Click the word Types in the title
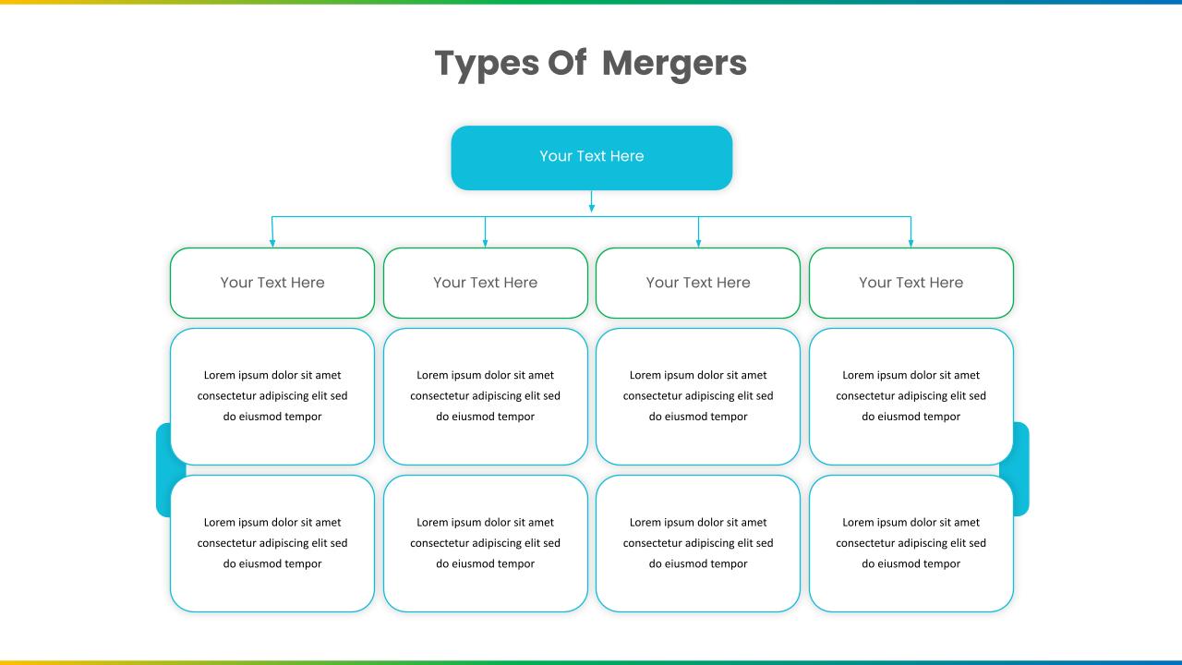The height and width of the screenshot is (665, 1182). click(487, 65)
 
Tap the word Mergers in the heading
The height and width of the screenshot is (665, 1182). click(674, 65)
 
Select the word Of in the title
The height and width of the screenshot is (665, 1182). click(567, 62)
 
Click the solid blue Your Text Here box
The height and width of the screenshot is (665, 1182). click(592, 158)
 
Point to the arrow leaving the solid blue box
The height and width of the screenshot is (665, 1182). click(592, 201)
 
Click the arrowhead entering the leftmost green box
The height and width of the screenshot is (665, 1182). click(272, 243)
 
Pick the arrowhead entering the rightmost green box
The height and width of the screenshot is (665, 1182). click(911, 243)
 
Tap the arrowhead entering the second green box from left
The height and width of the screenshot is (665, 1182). click(485, 243)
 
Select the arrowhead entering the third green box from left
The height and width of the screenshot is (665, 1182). click(698, 243)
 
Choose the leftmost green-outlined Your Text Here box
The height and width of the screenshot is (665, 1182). click(272, 283)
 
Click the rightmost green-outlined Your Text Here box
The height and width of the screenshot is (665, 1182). click(911, 283)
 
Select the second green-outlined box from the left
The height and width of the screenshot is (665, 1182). click(486, 283)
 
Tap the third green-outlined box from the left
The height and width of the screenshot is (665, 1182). click(698, 283)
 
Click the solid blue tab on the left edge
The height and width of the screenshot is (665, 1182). click(164, 470)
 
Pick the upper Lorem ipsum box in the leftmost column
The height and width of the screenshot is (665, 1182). click(272, 396)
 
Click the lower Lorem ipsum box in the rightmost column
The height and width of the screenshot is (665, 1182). click(911, 544)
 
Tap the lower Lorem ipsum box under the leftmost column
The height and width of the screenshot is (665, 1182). click(272, 544)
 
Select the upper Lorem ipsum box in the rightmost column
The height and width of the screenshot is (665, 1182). click(911, 396)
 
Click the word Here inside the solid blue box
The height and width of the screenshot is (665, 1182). click(626, 156)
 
